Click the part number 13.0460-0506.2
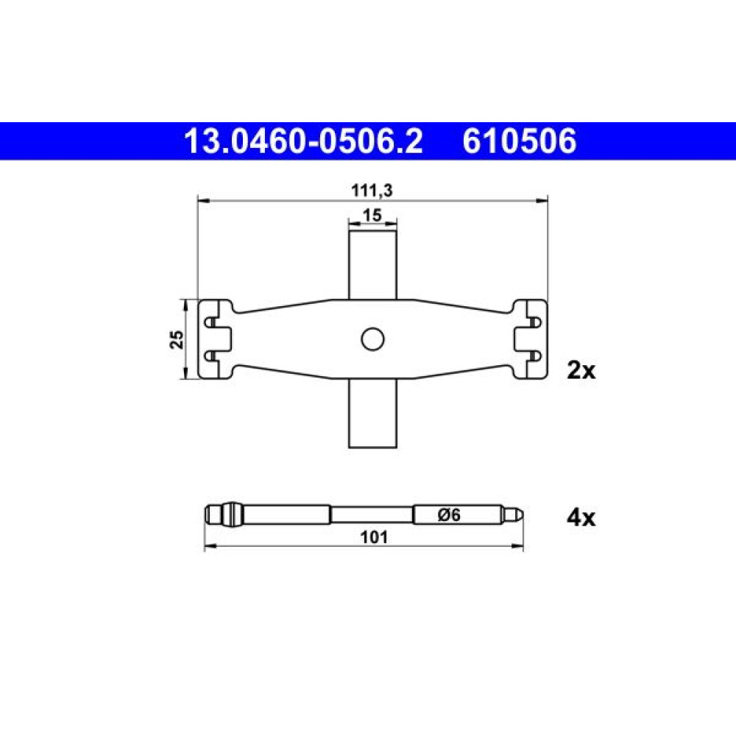coord(304,141)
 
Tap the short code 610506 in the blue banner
coord(520,141)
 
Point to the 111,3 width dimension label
coord(372,191)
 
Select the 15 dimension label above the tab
coord(372,215)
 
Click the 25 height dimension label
coord(177,339)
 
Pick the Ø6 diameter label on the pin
coord(449,515)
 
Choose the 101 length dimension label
coord(374,537)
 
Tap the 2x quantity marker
coord(581,371)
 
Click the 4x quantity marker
coord(581,518)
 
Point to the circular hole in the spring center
coord(372,339)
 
